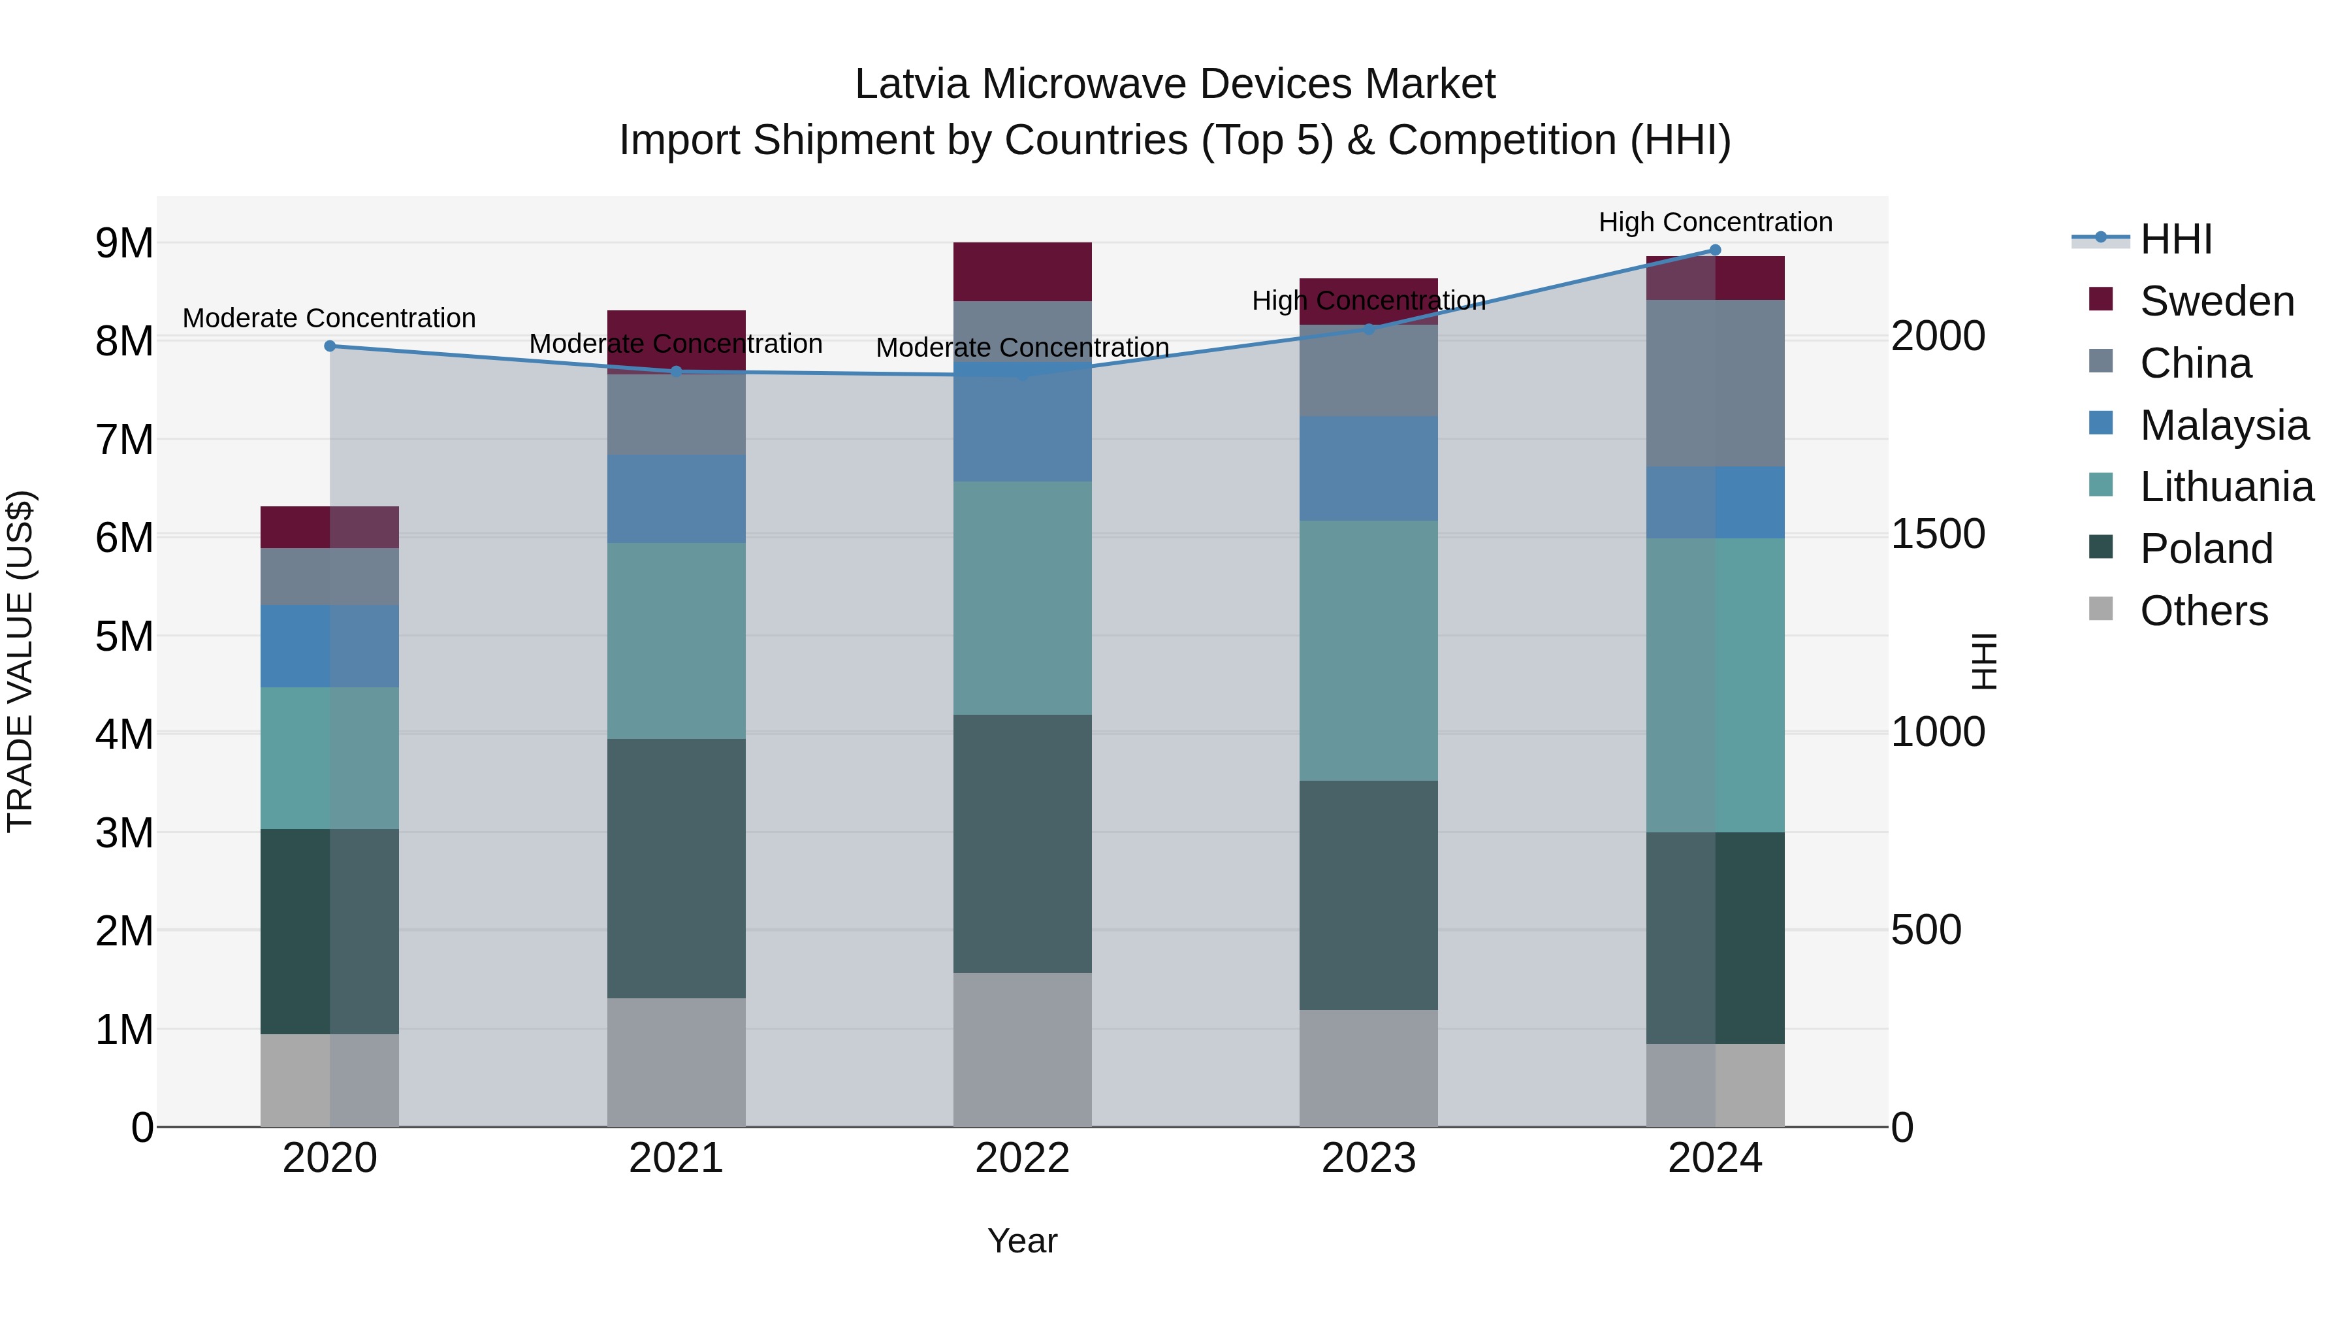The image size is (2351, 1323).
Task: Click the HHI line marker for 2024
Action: [1715, 250]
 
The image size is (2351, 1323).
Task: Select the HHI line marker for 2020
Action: [330, 346]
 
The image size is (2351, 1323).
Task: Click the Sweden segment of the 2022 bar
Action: [1022, 271]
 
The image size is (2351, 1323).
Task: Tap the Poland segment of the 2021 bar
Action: [677, 868]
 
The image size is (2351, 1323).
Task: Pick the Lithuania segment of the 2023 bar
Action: [1368, 650]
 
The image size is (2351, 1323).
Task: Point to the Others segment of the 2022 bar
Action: [1022, 1049]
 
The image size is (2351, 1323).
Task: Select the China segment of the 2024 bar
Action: [1715, 383]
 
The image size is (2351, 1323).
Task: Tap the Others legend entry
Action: [2203, 611]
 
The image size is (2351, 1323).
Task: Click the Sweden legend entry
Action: [2216, 301]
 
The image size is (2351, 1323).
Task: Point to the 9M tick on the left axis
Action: [124, 243]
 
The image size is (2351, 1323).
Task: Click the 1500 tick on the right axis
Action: [1937, 534]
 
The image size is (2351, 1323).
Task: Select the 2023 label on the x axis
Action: [1368, 1158]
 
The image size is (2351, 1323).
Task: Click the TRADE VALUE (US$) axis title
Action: [20, 661]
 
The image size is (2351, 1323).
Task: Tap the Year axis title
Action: [1022, 1241]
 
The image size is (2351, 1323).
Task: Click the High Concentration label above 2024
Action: [1715, 222]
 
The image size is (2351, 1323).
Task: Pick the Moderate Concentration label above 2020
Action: [330, 318]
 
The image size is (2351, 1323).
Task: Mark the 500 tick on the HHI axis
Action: [1926, 930]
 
